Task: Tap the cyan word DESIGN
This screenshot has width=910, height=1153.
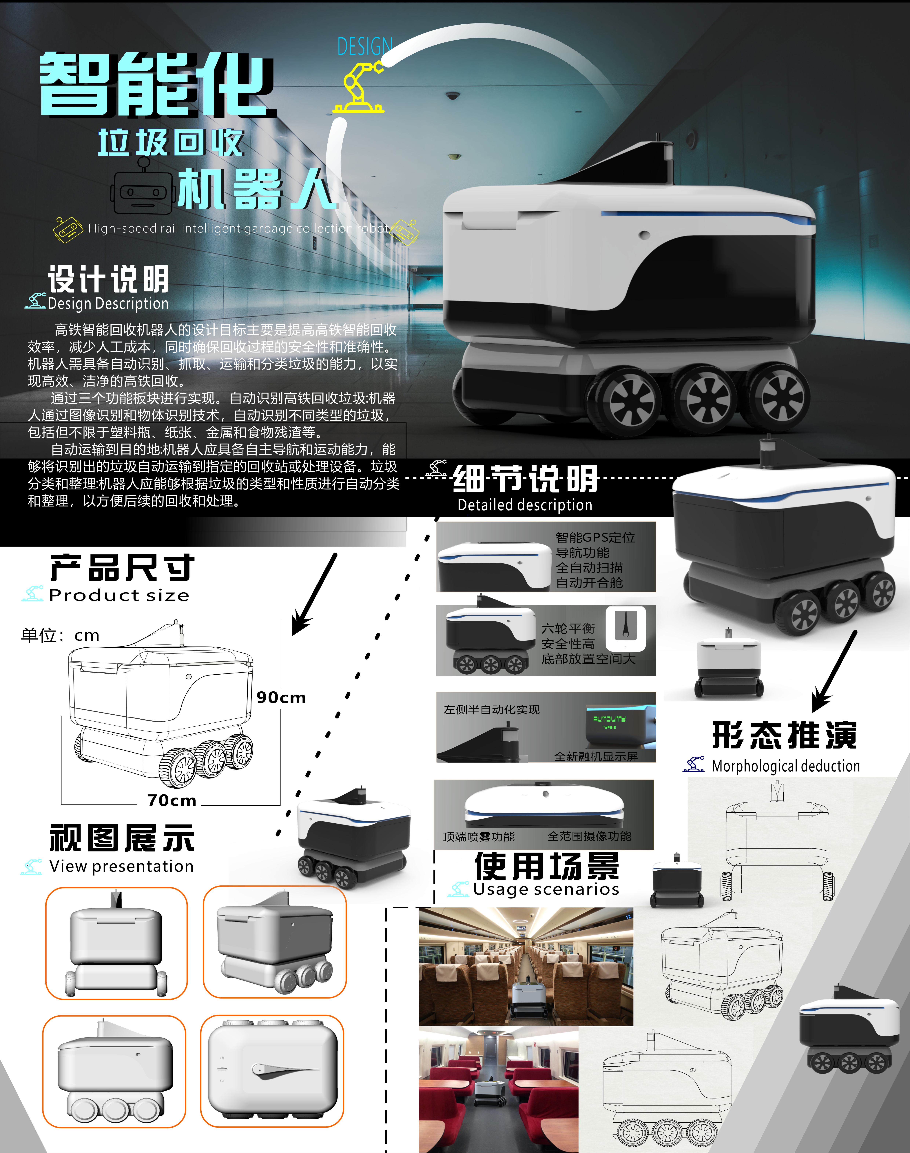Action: [365, 47]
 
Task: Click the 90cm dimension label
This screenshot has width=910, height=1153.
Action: [281, 697]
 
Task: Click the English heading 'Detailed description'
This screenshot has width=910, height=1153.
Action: [525, 505]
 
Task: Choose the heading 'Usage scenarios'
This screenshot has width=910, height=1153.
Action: [546, 889]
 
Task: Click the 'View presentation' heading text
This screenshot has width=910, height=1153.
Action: [121, 866]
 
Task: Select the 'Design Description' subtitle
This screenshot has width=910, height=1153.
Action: [108, 303]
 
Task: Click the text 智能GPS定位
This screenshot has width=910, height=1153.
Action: [595, 537]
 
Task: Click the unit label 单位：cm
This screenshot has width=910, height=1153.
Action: [60, 635]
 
